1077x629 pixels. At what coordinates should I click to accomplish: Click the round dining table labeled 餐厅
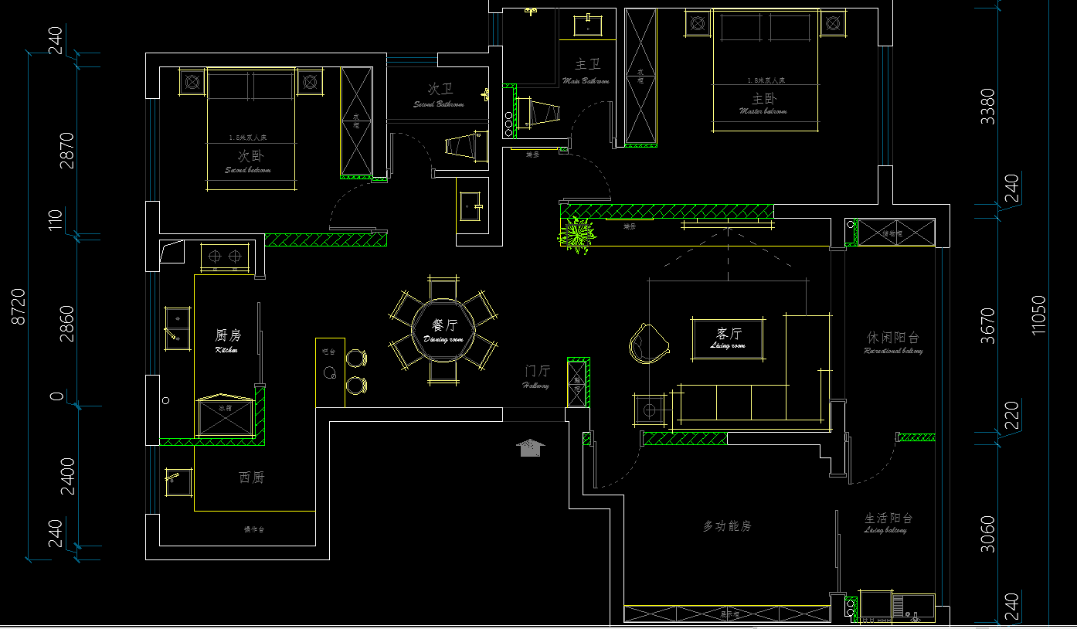pyautogui.click(x=443, y=331)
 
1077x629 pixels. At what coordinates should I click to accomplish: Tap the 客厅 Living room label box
pyautogui.click(x=728, y=338)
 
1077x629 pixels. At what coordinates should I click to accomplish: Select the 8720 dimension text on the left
pyautogui.click(x=19, y=306)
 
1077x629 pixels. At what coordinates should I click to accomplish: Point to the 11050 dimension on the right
pyautogui.click(x=1038, y=314)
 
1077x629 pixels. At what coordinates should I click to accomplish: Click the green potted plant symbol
pyautogui.click(x=576, y=234)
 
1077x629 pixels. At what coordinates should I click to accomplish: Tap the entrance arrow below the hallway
pyautogui.click(x=530, y=447)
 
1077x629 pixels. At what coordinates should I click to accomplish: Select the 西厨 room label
pyautogui.click(x=251, y=478)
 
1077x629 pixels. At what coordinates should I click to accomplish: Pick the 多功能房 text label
pyautogui.click(x=726, y=526)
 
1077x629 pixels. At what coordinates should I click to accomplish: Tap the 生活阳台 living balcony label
pyautogui.click(x=888, y=522)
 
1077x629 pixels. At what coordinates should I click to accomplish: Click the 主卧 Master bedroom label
pyautogui.click(x=763, y=102)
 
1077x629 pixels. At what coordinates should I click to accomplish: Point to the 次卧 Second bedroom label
pyautogui.click(x=250, y=159)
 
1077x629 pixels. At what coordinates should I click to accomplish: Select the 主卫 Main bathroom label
pyautogui.click(x=587, y=70)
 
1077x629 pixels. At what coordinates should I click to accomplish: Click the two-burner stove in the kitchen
pyautogui.click(x=225, y=256)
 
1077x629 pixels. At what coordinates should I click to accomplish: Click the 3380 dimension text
pyautogui.click(x=987, y=107)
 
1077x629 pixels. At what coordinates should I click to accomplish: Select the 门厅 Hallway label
pyautogui.click(x=536, y=376)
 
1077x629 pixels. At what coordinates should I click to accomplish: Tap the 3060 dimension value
pyautogui.click(x=988, y=533)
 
